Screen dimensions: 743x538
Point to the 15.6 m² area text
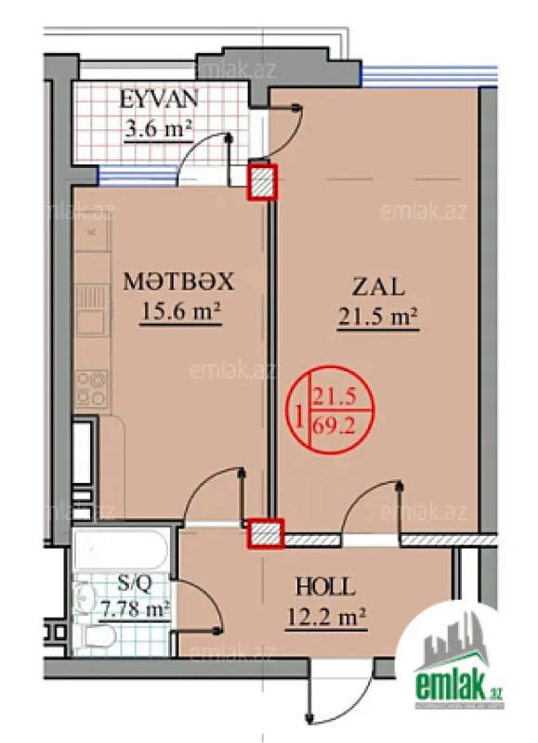[178, 313]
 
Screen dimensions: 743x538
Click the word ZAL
[376, 285]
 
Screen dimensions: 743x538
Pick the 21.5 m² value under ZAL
[376, 318]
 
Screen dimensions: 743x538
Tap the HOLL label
[324, 588]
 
